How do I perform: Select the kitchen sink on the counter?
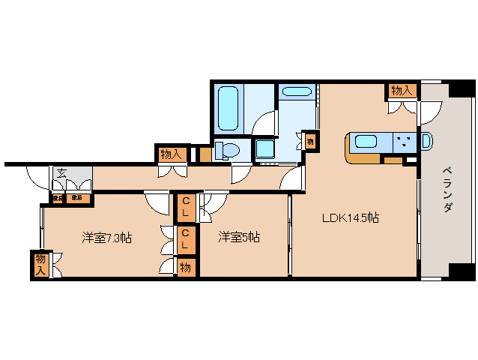click(366, 141)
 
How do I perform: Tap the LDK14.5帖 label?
click(350, 219)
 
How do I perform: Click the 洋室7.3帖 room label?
click(107, 238)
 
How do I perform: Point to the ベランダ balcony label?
click(447, 188)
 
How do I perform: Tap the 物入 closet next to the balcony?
click(401, 91)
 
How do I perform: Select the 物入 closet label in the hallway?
click(172, 154)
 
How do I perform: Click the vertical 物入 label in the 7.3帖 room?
click(40, 263)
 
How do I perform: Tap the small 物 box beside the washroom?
click(310, 139)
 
